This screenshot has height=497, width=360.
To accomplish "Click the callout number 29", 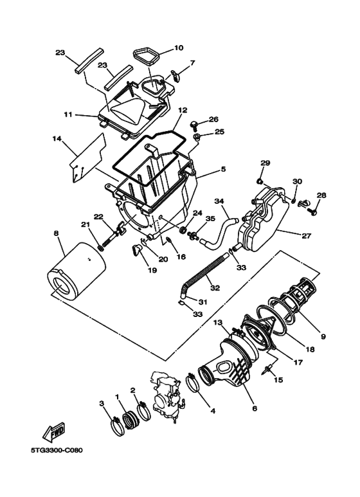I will [264, 163].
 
